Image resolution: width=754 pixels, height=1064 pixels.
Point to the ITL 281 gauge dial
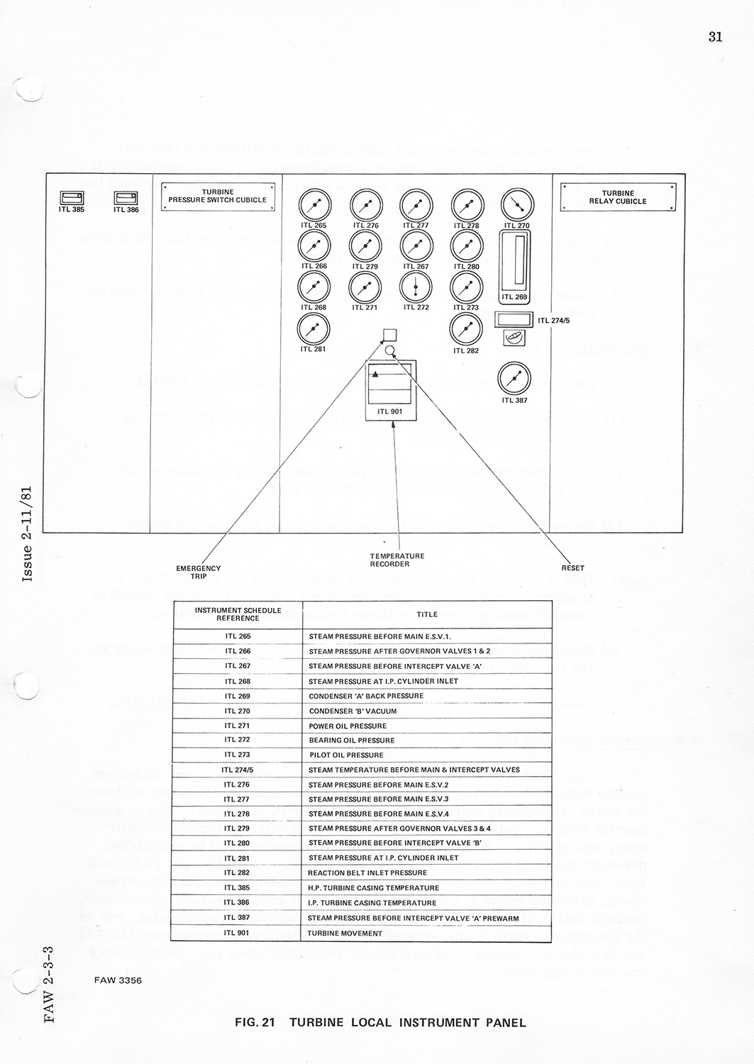click(314, 328)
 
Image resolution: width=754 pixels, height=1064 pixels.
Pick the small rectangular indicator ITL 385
click(72, 198)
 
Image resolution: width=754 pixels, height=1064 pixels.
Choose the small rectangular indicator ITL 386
click(126, 198)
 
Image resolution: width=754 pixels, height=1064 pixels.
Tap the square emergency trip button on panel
click(389, 335)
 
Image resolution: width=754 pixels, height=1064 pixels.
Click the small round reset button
click(389, 350)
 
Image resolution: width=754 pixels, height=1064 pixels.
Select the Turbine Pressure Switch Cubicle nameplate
click(217, 196)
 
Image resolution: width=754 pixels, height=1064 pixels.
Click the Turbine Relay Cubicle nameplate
click(618, 196)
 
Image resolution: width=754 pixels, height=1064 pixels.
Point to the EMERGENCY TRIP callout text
click(199, 572)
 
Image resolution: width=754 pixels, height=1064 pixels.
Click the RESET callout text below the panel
click(572, 567)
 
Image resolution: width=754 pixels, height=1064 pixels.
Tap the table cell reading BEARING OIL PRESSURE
click(351, 740)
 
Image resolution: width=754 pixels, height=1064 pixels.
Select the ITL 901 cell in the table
click(238, 933)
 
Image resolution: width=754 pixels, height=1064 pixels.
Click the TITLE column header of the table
click(426, 614)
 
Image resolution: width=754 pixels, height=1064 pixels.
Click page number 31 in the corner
click(715, 37)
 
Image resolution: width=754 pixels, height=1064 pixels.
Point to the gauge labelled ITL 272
click(416, 287)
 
